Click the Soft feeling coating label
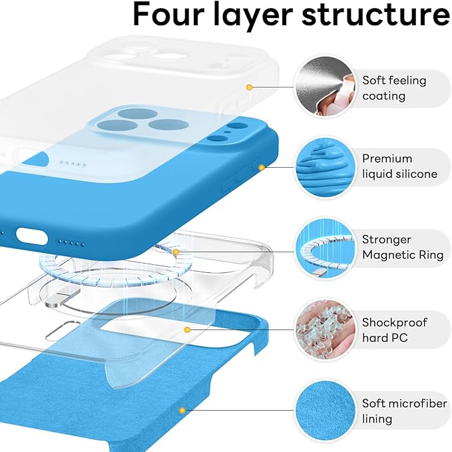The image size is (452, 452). [x=394, y=88]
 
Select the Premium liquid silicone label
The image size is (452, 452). [x=399, y=166]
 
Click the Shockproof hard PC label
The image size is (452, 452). [x=395, y=330]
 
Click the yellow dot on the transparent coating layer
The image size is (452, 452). [x=249, y=87]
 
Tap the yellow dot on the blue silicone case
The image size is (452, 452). [x=262, y=168]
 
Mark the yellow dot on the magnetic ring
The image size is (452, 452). [x=176, y=252]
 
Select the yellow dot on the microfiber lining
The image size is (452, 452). [x=180, y=411]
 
